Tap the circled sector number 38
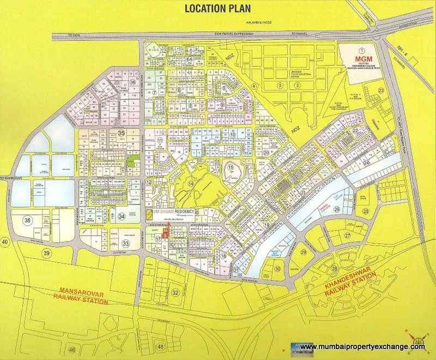click(27, 221)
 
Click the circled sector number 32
click(175, 292)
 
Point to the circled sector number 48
click(160, 346)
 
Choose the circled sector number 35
click(122, 133)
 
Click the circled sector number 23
click(381, 90)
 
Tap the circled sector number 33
click(126, 244)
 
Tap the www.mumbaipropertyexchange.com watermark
click(362, 346)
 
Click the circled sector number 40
click(5, 241)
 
